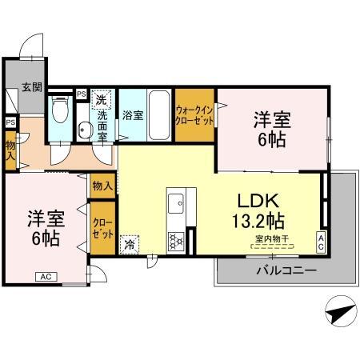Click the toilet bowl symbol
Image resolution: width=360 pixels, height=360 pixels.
pos(60,110)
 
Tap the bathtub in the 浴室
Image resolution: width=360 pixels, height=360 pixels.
pos(159,115)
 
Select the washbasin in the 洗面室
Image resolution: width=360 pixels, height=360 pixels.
pos(85,130)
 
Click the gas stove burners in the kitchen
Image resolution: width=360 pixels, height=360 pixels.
pos(176,242)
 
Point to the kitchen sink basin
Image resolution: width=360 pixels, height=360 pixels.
pos(176,203)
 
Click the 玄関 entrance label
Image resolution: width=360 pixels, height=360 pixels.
pos(32,87)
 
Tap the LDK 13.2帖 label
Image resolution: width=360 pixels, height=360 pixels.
pos(258,210)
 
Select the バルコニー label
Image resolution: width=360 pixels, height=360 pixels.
pos(286,270)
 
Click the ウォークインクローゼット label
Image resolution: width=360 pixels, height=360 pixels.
pos(194,115)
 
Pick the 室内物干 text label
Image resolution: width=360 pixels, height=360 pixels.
pos(272,238)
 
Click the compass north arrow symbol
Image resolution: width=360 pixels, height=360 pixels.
pos(341,311)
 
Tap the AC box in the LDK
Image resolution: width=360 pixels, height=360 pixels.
pos(321,242)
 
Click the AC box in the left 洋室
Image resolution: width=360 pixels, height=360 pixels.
pos(46,277)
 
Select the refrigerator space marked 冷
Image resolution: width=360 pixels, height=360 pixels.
pos(130,245)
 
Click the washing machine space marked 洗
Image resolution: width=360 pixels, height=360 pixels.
pos(101,99)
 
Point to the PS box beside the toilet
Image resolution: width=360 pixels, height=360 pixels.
pos(82,94)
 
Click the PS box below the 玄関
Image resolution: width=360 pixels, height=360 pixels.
pos(11,122)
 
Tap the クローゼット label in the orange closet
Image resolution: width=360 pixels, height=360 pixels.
pos(102,229)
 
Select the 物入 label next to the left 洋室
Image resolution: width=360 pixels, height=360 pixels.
pos(102,186)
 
